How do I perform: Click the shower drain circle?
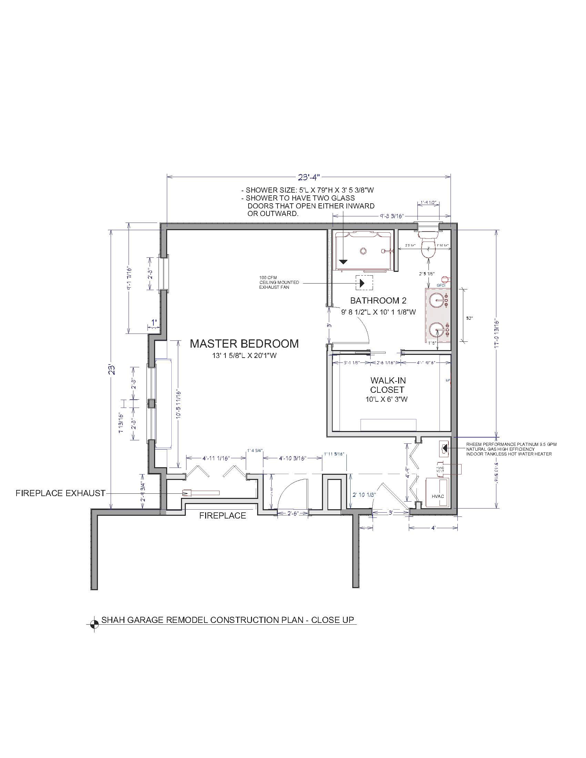pos(363,250)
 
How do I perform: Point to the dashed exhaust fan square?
pos(364,283)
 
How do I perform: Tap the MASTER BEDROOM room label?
pos(244,344)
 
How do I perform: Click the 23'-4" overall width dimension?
pos(309,177)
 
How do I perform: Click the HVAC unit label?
pos(438,496)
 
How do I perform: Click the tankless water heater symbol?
pos(444,448)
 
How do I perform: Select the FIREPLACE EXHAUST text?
pos(60,493)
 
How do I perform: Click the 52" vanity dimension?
pos(470,318)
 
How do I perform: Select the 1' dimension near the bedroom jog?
pos(154,322)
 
